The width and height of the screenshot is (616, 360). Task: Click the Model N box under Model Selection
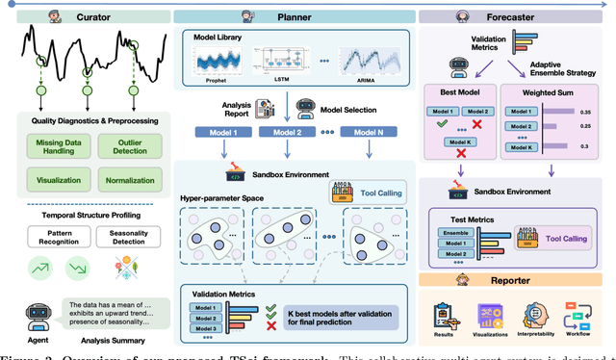coord(371,132)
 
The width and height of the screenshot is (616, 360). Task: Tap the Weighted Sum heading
coord(544,93)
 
